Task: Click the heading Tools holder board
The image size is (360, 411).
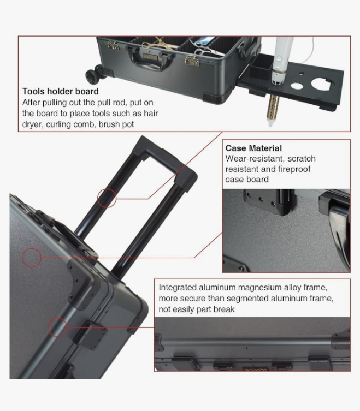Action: (x=60, y=91)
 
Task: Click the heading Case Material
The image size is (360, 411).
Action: (x=253, y=148)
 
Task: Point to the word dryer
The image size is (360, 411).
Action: (x=32, y=124)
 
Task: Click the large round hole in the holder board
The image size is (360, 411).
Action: (x=321, y=84)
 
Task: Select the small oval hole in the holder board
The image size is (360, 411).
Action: (x=296, y=86)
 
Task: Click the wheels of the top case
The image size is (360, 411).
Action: (x=96, y=74)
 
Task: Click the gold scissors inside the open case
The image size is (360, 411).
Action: (x=158, y=44)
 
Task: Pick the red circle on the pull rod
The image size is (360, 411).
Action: (x=107, y=198)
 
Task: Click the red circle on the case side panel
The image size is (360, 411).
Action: (x=32, y=258)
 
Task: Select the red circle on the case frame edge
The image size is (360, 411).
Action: (x=57, y=327)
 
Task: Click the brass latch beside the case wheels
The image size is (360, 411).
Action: (x=113, y=46)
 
